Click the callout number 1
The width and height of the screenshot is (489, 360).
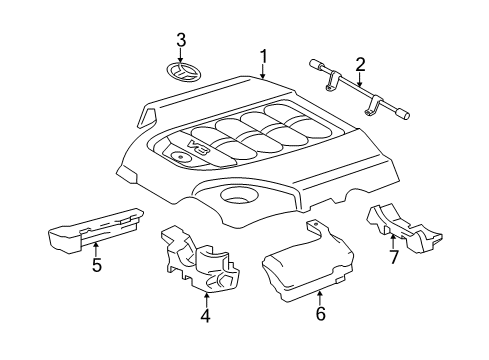click(263, 56)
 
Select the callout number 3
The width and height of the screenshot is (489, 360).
click(181, 40)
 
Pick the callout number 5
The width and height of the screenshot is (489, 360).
click(96, 266)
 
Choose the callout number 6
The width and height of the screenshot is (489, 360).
click(320, 313)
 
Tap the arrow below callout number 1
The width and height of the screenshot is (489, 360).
click(263, 72)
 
